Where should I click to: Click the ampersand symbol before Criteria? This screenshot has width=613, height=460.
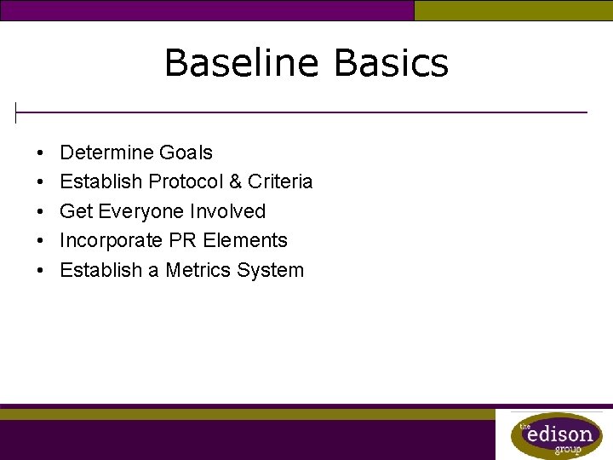click(x=235, y=182)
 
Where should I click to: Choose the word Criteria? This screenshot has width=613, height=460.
click(x=280, y=182)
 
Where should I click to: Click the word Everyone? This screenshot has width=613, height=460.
click(x=142, y=211)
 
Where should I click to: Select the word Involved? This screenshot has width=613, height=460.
click(x=228, y=211)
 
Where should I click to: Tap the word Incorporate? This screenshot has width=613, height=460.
click(x=108, y=241)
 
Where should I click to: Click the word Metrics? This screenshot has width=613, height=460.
click(x=201, y=271)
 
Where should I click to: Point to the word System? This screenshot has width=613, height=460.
click(x=272, y=271)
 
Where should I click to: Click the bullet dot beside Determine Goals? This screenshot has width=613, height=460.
click(x=41, y=154)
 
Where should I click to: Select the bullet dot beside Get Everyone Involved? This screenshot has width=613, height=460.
click(x=41, y=212)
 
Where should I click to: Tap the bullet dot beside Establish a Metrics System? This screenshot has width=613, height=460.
click(x=41, y=272)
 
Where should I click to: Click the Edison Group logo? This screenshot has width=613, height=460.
click(x=556, y=435)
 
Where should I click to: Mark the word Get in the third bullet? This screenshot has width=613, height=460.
click(x=76, y=211)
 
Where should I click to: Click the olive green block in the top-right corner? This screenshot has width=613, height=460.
click(x=513, y=10)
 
